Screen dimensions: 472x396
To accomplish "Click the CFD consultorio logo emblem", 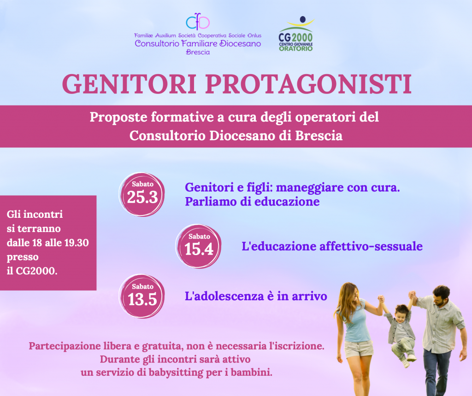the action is pos(197,22).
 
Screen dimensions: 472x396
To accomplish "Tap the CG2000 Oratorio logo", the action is pos(296,34).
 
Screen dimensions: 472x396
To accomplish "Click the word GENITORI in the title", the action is pos(130,84).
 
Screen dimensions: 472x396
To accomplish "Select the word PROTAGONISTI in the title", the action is pos(308,84).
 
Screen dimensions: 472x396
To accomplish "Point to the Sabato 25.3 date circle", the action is pos(142,194).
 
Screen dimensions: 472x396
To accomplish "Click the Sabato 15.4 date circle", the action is pos(198,246).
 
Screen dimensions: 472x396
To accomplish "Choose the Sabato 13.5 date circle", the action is pos(142,296).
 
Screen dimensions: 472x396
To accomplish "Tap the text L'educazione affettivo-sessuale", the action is pos(332,246).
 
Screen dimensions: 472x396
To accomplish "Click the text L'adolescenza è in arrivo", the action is pos(256,296).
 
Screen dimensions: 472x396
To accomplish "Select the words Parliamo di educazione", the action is pos(252,202).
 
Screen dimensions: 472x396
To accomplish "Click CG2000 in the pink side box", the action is pos(36,271).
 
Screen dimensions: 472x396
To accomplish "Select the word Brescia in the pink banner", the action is pos(319,136).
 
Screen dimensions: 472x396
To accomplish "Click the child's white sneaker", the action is pos(411,358).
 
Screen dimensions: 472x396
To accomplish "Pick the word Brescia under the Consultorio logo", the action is pos(198,52).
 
